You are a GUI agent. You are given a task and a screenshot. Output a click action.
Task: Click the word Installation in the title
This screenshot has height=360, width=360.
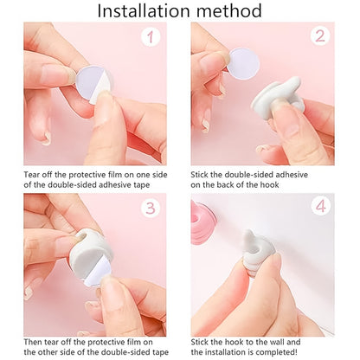pos(142,11)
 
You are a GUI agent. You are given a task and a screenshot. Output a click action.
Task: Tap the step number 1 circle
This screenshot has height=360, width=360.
pos(152,38)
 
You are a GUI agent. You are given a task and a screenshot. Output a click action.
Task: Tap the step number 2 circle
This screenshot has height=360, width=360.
pos(319,36)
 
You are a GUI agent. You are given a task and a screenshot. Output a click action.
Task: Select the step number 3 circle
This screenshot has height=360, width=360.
pos(152,209)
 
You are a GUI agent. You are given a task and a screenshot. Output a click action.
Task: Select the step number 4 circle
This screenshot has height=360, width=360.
pos(319,209)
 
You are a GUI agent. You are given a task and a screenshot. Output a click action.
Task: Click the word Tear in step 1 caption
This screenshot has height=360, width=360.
pos(33,174)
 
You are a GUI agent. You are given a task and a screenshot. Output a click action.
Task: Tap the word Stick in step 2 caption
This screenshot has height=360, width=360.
pos(202,174)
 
